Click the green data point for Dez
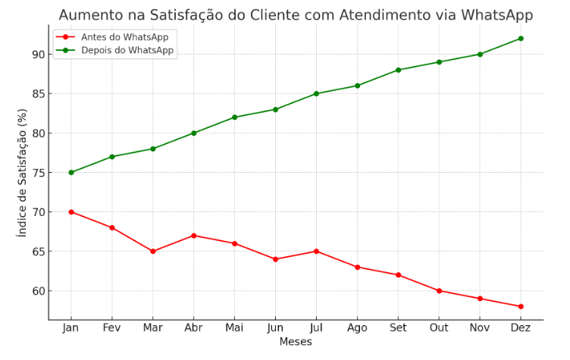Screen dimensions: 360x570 521,39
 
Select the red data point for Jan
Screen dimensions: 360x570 71,212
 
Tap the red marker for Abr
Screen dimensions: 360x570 194,236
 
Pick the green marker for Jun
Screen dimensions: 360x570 275,110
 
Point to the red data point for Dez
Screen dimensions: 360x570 521,306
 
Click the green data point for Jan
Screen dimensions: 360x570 71,173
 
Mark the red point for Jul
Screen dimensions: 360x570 316,252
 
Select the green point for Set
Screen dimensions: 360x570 398,70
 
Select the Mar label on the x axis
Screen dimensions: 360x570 153,327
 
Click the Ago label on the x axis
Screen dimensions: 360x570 357,327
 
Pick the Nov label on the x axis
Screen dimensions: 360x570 480,327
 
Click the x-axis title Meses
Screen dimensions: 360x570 296,342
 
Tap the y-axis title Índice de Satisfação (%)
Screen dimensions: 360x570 22,172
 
